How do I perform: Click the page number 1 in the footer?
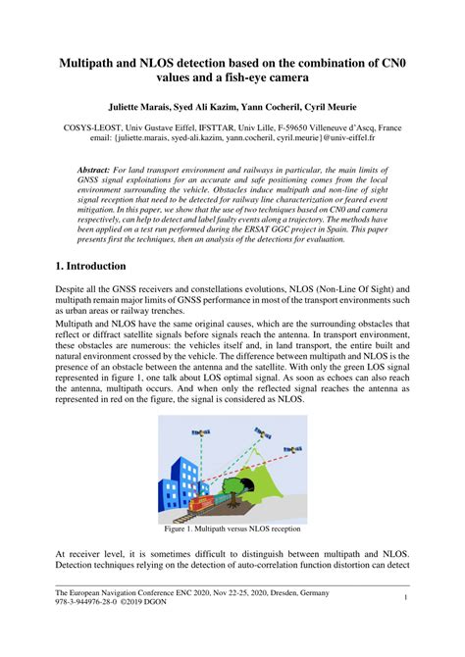click(405, 597)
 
